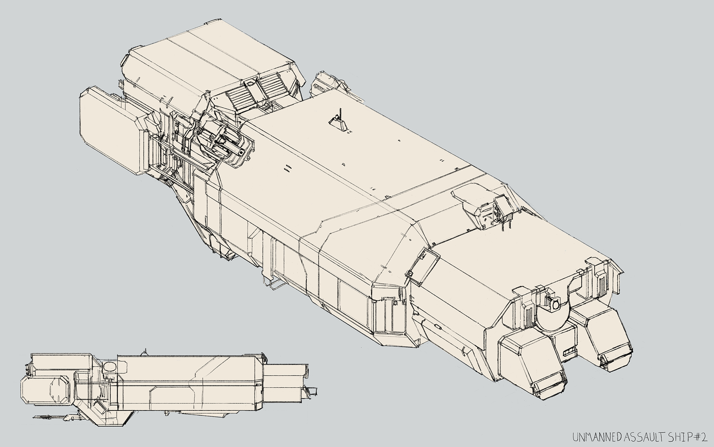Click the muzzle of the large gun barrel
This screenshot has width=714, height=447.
point(242,152)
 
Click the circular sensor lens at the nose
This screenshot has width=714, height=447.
point(556,305)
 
